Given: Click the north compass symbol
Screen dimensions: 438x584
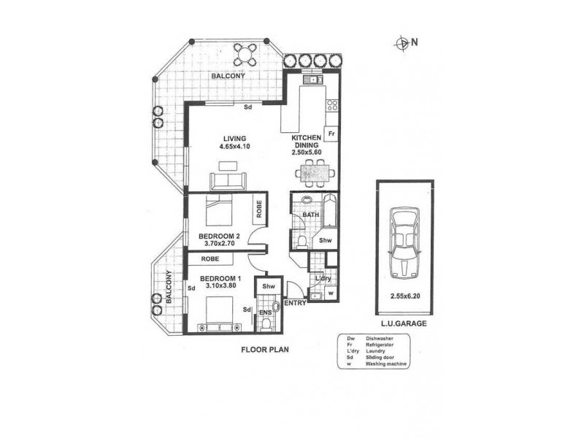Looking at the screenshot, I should (401, 43).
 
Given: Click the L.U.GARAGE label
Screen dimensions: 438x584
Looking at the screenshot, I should (404, 322).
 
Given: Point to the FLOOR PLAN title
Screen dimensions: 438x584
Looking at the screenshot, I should (265, 350).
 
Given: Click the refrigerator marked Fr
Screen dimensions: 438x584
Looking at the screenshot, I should (331, 134).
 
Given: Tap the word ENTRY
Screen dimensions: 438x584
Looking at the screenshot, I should (296, 302).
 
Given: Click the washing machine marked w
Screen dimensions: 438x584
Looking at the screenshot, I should (331, 294).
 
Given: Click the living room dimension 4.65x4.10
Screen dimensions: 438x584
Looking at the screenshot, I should (235, 147).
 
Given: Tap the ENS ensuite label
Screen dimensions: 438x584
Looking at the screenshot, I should (265, 314).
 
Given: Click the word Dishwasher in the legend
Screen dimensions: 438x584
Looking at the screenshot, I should (382, 338).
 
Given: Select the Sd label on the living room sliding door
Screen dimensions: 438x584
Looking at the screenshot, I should (248, 107).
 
